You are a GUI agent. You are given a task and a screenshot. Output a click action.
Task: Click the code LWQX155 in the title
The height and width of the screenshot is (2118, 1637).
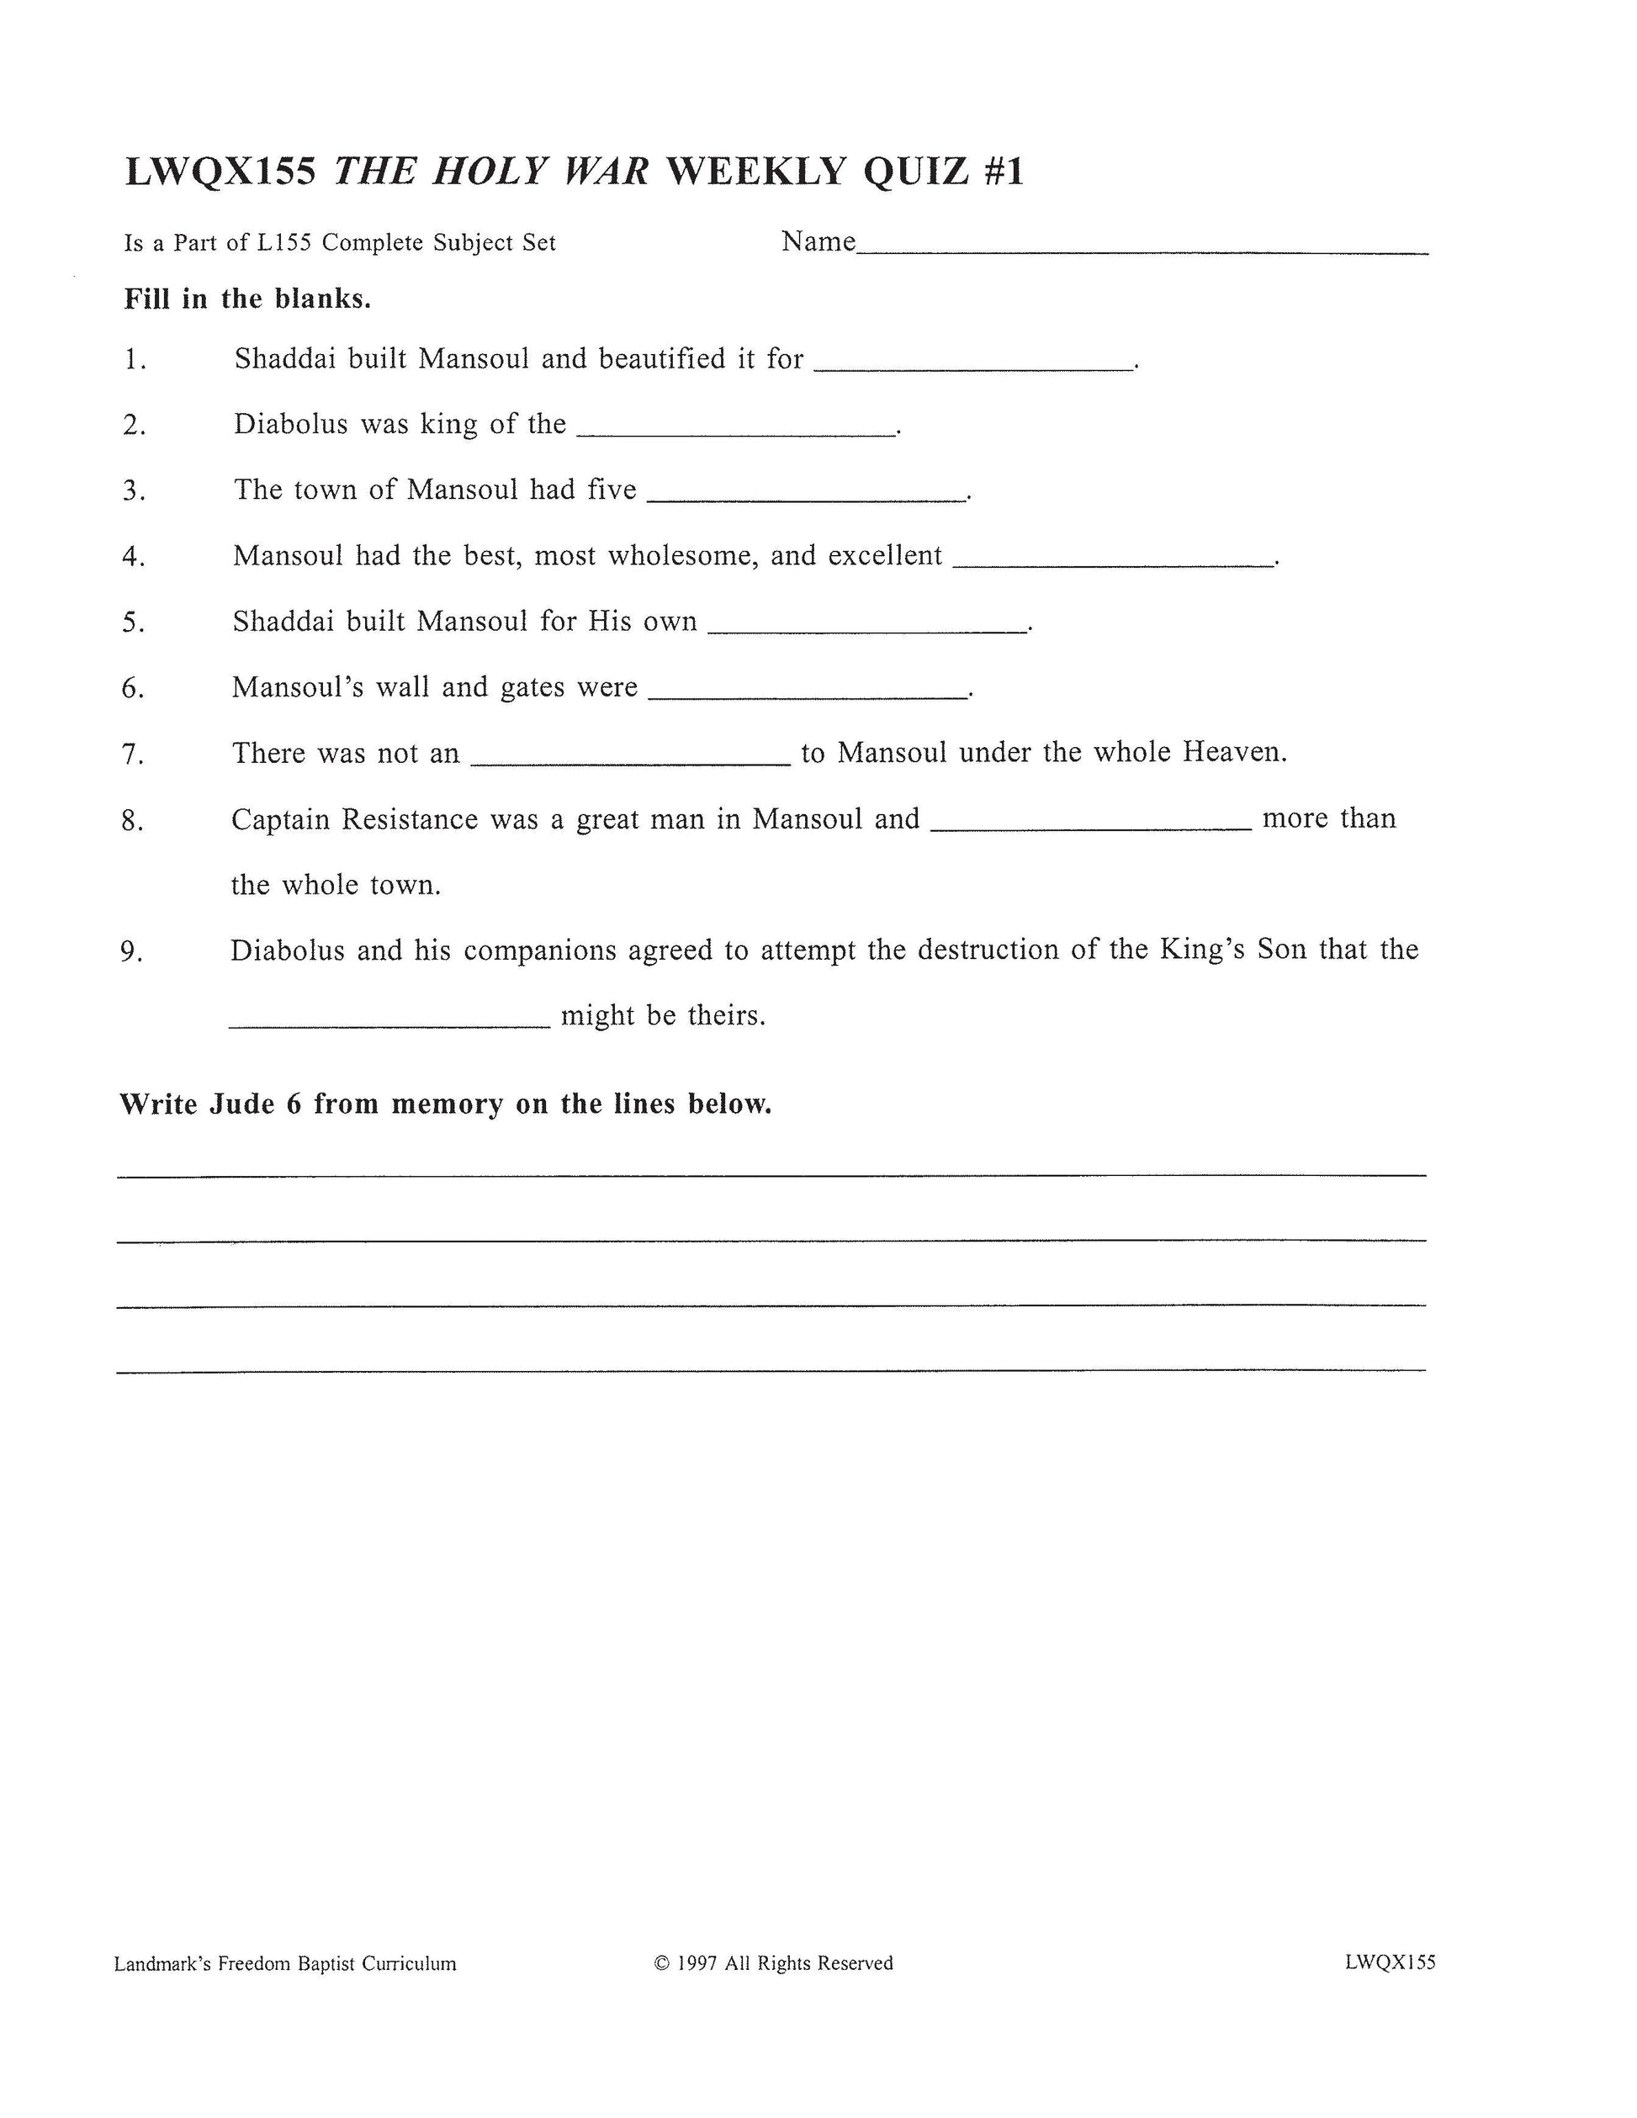[x=220, y=172]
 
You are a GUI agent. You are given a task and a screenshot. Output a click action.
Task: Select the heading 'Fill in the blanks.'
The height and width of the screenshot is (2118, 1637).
[x=247, y=299]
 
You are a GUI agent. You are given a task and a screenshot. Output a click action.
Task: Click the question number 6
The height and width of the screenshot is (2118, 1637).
[x=133, y=689]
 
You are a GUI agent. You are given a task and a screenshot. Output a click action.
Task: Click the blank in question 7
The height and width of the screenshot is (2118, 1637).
[x=630, y=762]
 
